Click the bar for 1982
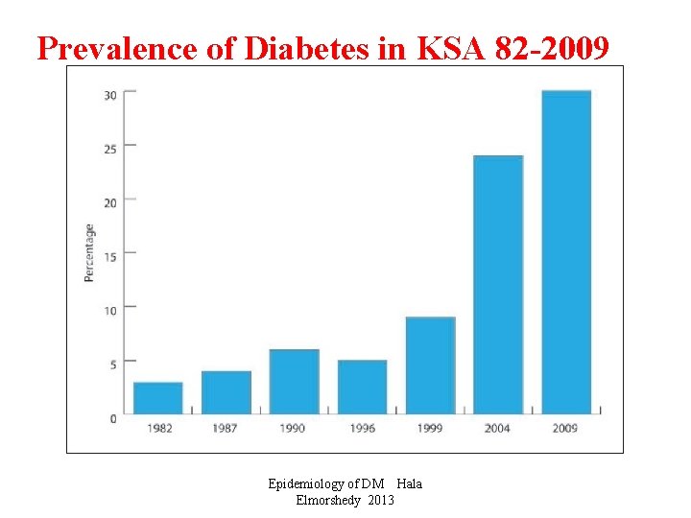[158, 398]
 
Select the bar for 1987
[226, 392]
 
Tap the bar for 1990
[294, 382]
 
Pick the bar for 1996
[362, 387]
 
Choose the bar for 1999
[430, 365]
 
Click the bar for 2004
[498, 285]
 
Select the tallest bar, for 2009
[566, 252]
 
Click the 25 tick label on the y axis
[111, 148]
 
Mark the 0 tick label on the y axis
[114, 417]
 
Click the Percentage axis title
[89, 252]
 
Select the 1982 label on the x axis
[159, 428]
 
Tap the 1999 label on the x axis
[430, 428]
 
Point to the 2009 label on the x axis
[565, 428]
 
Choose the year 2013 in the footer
[380, 500]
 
